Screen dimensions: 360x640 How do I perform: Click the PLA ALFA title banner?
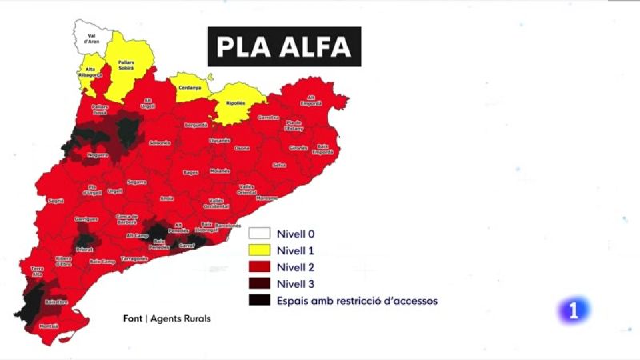(x=284, y=46)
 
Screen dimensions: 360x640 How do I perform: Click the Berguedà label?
(x=196, y=125)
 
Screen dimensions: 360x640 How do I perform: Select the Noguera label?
(x=97, y=155)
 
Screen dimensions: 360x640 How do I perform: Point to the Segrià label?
(x=55, y=201)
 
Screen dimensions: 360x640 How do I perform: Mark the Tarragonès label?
(x=134, y=258)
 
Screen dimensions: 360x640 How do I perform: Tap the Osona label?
(x=242, y=148)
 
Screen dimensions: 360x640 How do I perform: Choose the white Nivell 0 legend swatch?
(x=258, y=235)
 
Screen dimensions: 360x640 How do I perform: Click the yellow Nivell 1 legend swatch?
(x=258, y=251)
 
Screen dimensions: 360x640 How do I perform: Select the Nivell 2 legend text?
(x=294, y=267)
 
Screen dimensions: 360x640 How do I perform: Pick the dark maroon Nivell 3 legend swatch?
(x=258, y=283)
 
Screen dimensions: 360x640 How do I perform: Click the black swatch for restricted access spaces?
(x=258, y=300)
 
